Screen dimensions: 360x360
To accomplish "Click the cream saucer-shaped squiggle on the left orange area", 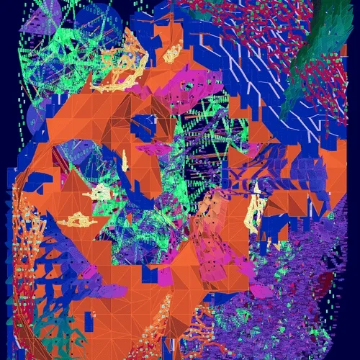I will pos(78,220).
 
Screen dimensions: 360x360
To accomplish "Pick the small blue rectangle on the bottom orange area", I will pos(150,274).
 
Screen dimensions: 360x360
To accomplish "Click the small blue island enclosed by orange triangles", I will pos(144,126).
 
